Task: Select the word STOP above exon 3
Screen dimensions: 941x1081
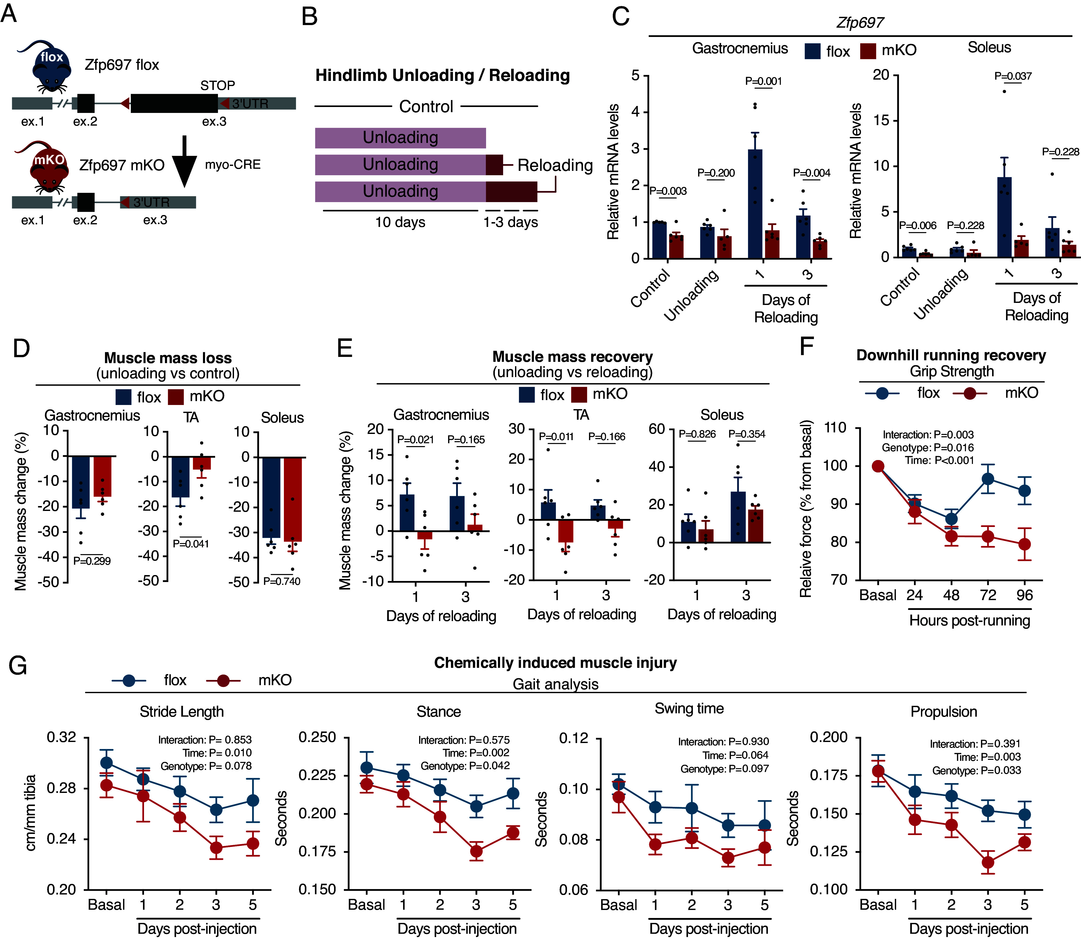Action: point(217,85)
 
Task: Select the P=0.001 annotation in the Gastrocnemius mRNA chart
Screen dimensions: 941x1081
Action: point(763,81)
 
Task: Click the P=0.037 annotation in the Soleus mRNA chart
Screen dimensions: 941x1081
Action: point(1013,76)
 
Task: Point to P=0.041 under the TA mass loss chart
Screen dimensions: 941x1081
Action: point(191,544)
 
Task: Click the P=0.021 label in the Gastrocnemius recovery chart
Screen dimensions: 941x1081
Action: point(415,440)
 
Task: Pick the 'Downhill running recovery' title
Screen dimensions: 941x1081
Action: point(951,356)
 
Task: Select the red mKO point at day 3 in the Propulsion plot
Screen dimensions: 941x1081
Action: point(987,862)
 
